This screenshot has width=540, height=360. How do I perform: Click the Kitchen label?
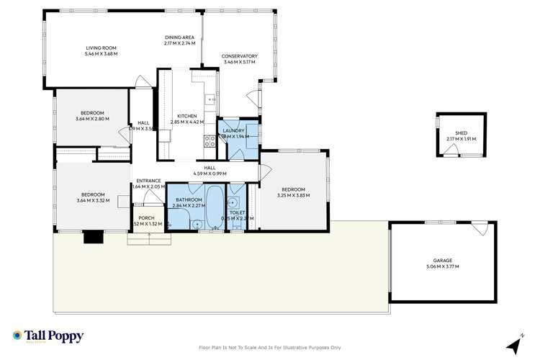click(x=187, y=116)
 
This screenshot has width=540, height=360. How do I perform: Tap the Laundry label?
click(x=233, y=130)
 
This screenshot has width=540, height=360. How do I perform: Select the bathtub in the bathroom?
click(x=213, y=208)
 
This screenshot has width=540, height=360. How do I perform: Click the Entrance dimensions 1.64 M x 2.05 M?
click(x=146, y=186)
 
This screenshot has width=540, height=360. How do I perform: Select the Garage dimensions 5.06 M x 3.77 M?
click(x=442, y=266)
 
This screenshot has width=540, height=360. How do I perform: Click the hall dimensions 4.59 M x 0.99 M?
click(x=210, y=174)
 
